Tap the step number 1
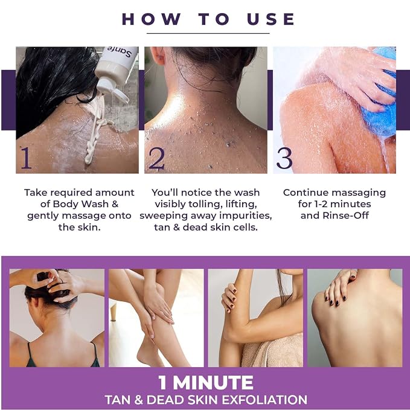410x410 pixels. pos(26,158)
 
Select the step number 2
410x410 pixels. pos(156,158)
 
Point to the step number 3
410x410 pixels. pos(284,158)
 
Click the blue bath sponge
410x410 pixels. pos(380,104)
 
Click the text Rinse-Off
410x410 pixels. pos(345,216)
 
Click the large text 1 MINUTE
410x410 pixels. pos(206,383)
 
